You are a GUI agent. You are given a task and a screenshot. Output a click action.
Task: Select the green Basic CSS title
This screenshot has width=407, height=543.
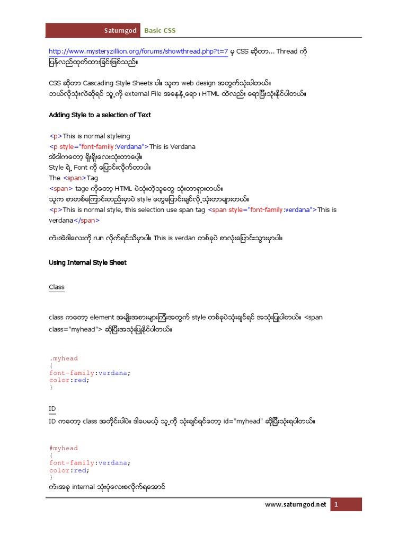coord(160,31)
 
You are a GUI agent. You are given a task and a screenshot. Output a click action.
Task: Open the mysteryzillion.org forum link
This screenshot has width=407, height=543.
coord(138,51)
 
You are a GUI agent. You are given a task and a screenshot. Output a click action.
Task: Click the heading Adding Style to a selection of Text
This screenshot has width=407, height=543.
coord(100,115)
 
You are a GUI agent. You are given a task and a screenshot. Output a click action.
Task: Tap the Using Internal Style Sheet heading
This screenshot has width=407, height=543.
coord(87,262)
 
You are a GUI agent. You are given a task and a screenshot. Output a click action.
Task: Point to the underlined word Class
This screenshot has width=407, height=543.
coord(57,287)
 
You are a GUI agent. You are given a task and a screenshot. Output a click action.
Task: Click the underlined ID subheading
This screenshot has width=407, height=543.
coord(52,409)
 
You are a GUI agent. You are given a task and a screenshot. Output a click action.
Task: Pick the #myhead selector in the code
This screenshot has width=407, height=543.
coord(63,448)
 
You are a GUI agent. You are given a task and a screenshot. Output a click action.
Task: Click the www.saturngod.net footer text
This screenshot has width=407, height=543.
coord(296,504)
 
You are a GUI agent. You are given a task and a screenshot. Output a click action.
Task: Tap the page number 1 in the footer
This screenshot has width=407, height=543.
coord(335,505)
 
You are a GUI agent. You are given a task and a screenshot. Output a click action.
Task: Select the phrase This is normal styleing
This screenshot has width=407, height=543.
coord(96,136)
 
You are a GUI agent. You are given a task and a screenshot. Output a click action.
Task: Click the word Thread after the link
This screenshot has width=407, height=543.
coord(287,51)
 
